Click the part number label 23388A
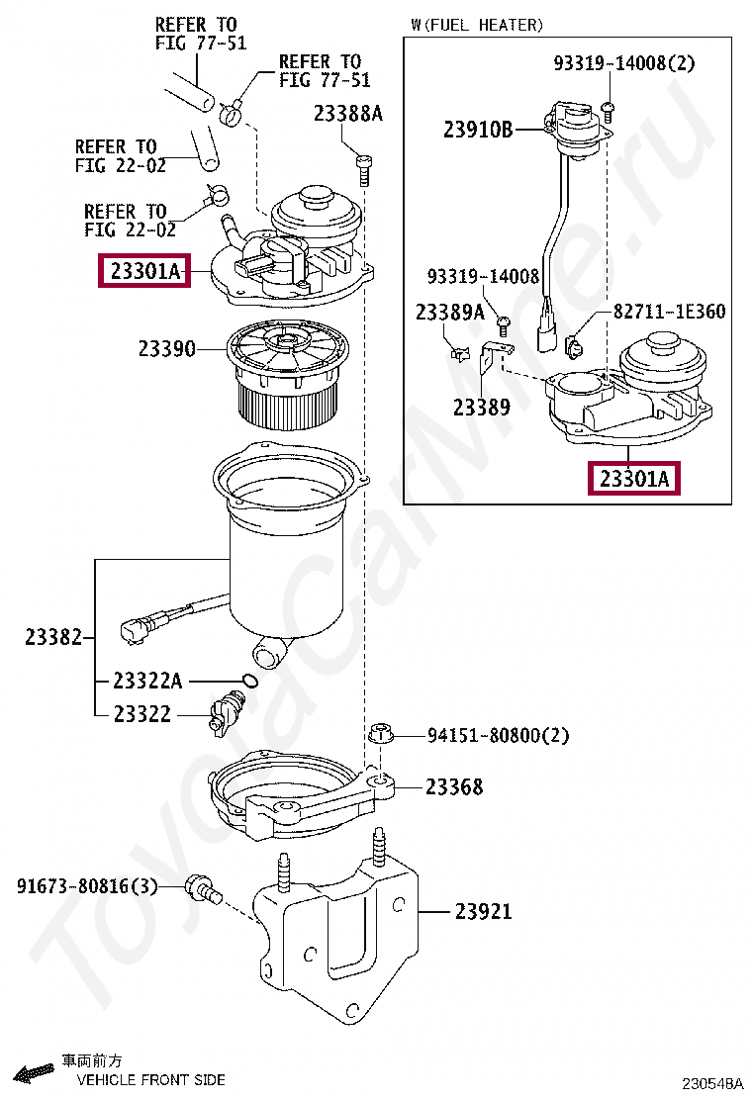pyautogui.click(x=347, y=114)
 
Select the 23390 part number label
pyautogui.click(x=166, y=348)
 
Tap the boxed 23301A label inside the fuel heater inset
pyautogui.click(x=634, y=480)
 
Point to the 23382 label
pyautogui.click(x=53, y=638)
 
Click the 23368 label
pyautogui.click(x=454, y=787)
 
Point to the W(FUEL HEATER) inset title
pyautogui.click(x=477, y=25)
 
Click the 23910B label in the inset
pyautogui.click(x=478, y=129)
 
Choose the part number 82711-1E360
pyautogui.click(x=669, y=312)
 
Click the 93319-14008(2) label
pyautogui.click(x=623, y=63)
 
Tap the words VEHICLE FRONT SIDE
pyautogui.click(x=150, y=1080)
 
